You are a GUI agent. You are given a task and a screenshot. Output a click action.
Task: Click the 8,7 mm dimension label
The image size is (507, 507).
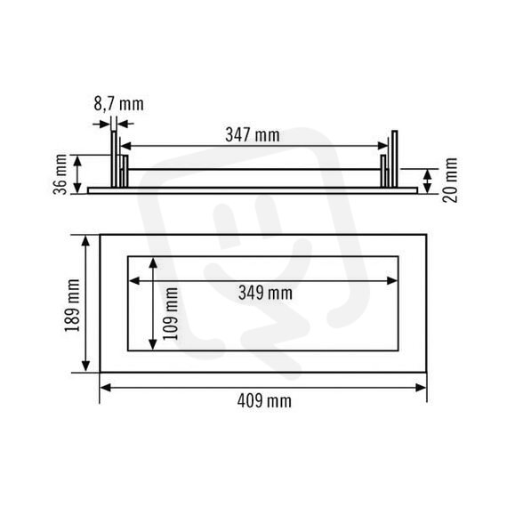click(x=118, y=104)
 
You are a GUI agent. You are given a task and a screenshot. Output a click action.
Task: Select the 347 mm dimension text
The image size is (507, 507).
click(x=253, y=135)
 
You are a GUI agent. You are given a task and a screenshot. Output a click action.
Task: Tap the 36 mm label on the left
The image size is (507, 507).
click(x=60, y=174)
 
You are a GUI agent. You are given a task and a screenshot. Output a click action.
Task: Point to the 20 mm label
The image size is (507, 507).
click(x=450, y=180)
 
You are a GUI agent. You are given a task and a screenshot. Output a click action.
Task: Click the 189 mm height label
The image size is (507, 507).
click(x=72, y=305)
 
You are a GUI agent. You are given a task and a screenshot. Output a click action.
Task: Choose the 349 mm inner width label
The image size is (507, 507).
click(x=265, y=293)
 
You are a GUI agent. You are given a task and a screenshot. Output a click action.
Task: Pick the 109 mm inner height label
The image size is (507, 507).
click(x=171, y=313)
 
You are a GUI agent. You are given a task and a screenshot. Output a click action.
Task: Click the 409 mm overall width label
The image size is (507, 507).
click(x=264, y=401)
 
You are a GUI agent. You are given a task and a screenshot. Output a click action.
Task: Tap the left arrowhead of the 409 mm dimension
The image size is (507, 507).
click(x=106, y=387)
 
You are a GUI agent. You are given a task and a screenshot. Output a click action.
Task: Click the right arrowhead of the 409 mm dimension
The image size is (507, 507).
click(x=421, y=387)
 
